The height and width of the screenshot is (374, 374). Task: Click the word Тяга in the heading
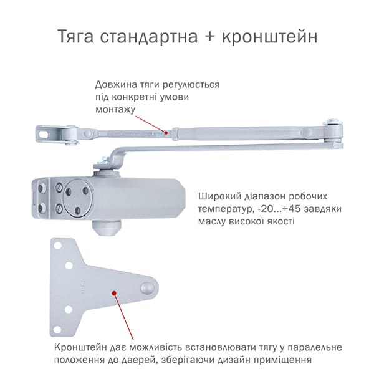point(75,37)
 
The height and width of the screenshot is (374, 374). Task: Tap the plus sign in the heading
point(209,37)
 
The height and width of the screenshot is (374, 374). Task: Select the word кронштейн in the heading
point(270,37)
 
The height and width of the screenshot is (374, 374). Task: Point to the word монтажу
point(115,110)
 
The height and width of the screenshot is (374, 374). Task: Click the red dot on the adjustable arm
point(166,132)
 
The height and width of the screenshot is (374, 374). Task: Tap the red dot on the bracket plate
point(114,293)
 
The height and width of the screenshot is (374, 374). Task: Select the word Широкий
point(218,197)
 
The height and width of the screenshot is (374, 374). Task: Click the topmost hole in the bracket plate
point(58,246)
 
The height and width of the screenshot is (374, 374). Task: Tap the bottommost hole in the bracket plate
point(57,330)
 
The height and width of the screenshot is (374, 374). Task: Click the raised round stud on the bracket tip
point(147,289)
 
